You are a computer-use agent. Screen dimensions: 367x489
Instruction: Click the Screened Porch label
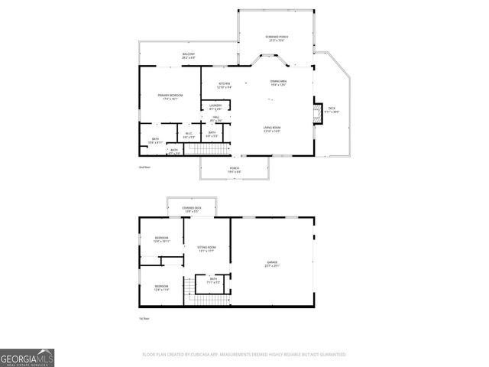[277, 38]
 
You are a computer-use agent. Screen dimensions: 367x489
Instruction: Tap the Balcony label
[188, 56]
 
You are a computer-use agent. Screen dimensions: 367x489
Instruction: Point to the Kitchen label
[224, 85]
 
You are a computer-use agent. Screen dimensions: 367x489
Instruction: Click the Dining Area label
[278, 83]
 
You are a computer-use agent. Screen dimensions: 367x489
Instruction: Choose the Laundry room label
[215, 107]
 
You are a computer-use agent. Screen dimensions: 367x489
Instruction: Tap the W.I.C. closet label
[179, 135]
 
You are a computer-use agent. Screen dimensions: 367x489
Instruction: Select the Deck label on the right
[332, 110]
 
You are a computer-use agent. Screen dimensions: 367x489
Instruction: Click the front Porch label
[235, 170]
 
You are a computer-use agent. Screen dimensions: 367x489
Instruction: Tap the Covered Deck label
[192, 209]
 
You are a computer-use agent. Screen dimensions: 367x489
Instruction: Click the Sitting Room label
[207, 248]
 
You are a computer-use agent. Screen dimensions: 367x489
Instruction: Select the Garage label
[272, 265]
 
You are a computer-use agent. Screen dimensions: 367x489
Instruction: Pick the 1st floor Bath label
[214, 280]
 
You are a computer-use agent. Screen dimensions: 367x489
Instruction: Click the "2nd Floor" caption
[144, 166]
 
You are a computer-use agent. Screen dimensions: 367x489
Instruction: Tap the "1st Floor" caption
[144, 318]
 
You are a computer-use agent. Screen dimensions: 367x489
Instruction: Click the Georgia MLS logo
[27, 357]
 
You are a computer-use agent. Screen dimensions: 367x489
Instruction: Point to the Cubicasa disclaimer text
[244, 354]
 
